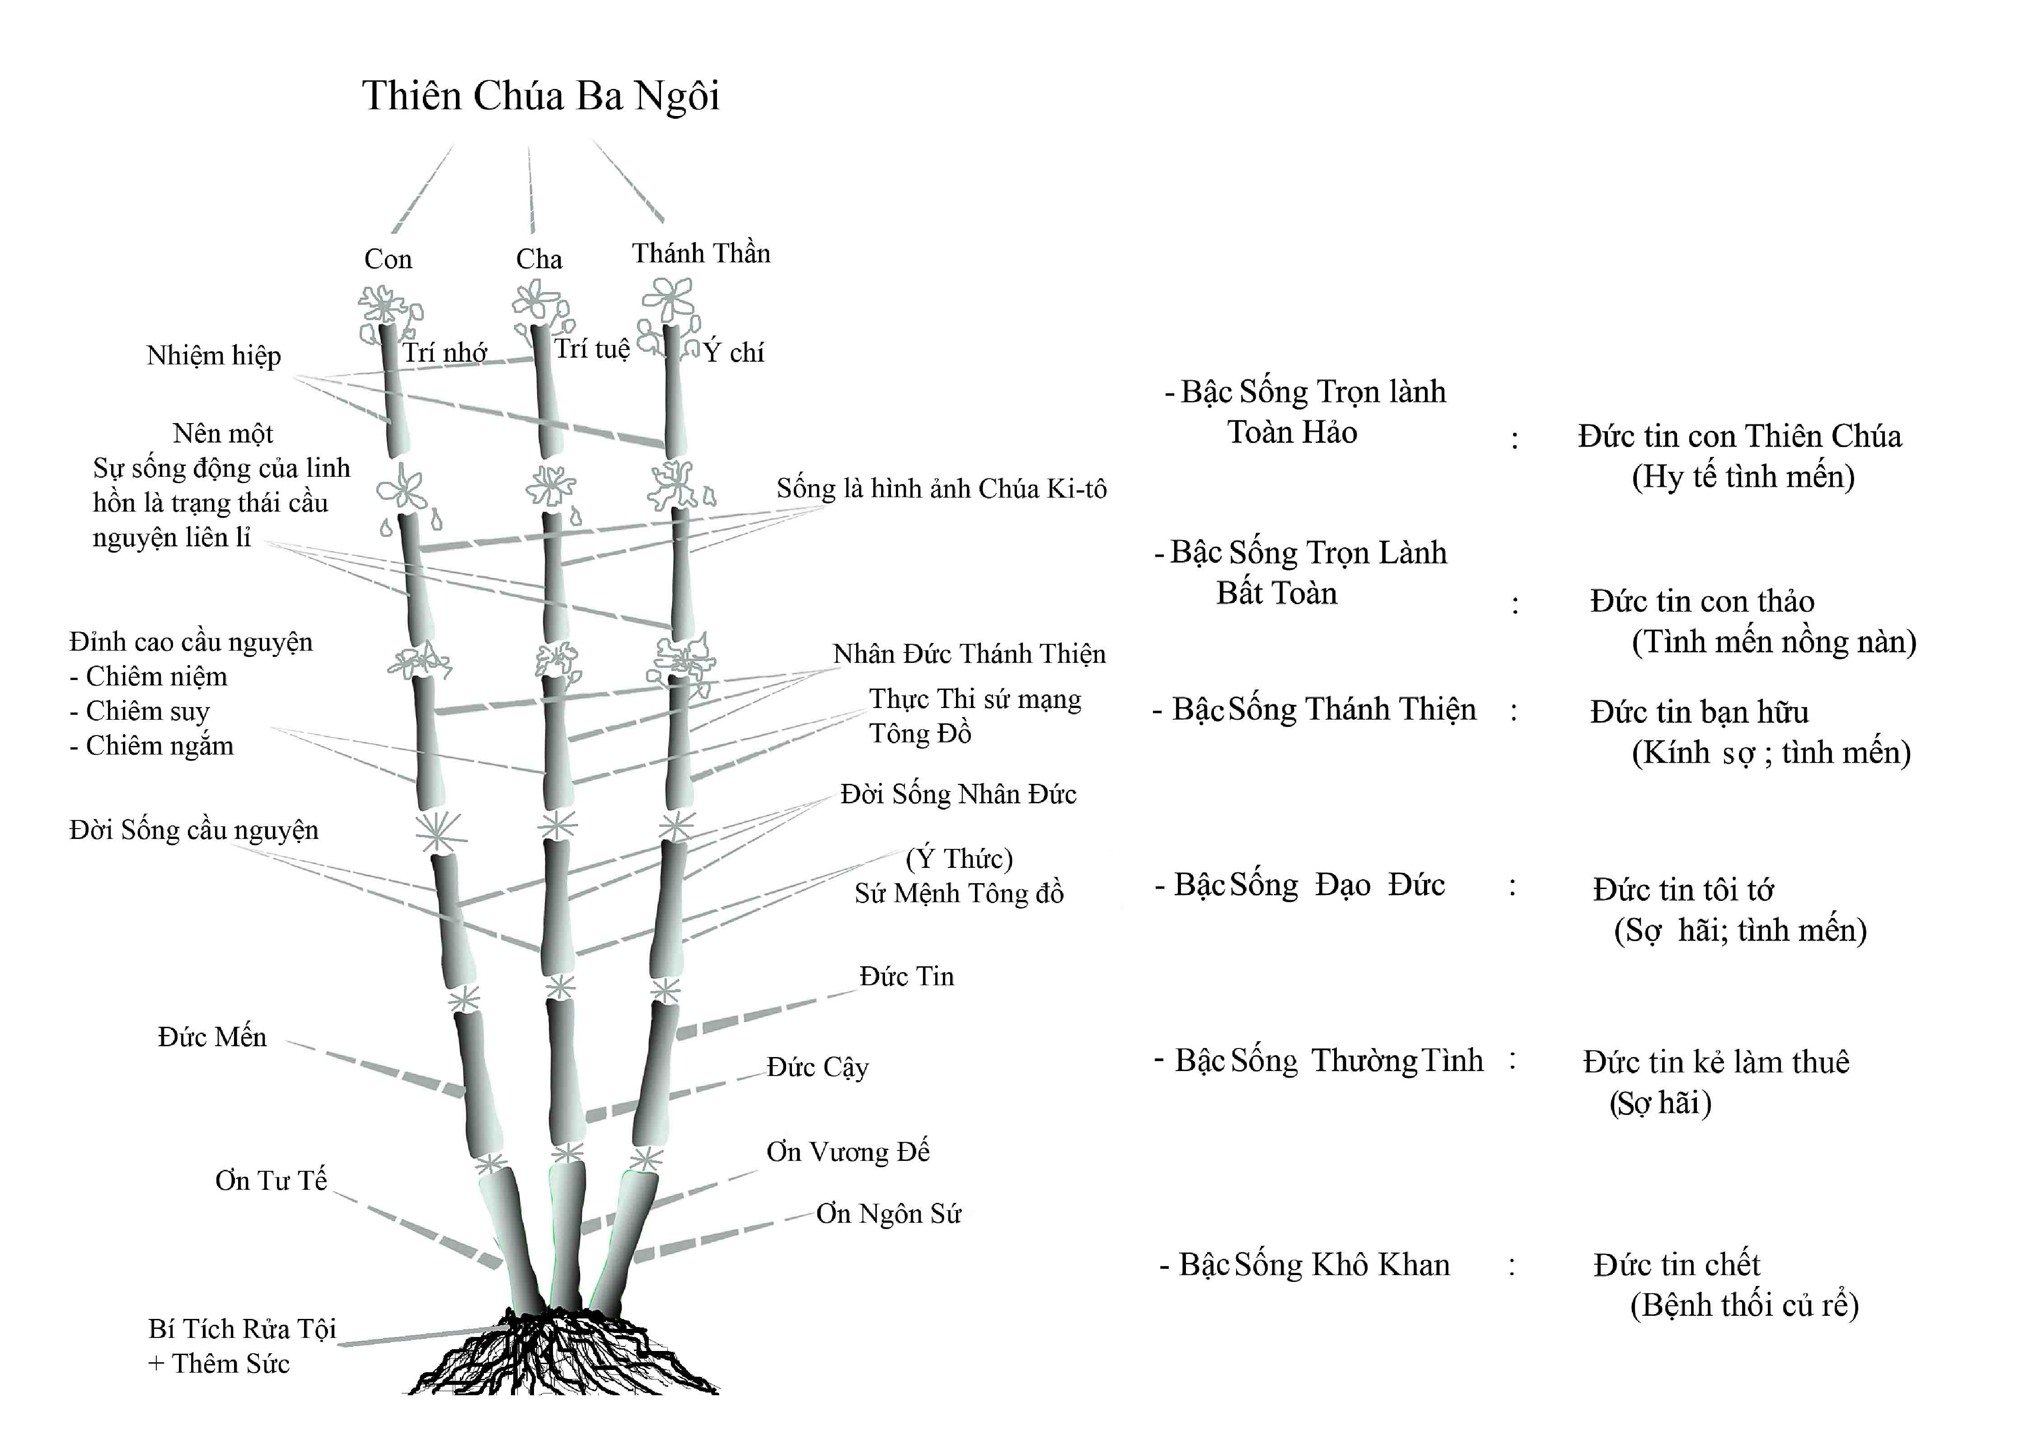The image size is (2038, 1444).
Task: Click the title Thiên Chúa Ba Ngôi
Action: pyautogui.click(x=541, y=96)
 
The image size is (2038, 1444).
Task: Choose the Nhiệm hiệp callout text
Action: pyautogui.click(x=214, y=356)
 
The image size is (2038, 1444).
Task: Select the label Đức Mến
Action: pyautogui.click(x=212, y=1037)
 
